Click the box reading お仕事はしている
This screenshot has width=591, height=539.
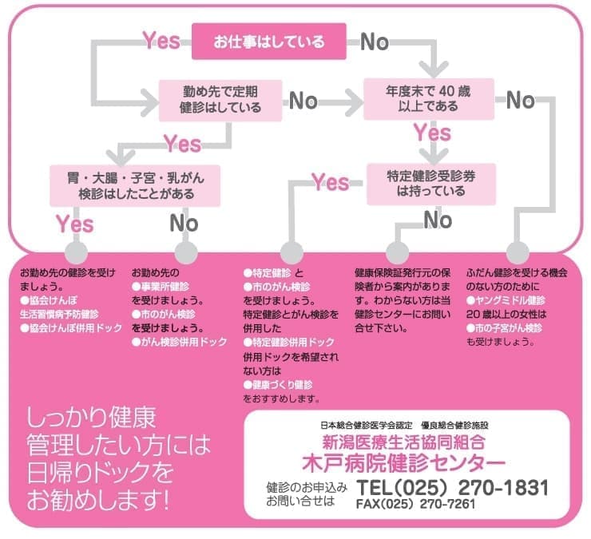point(269,41)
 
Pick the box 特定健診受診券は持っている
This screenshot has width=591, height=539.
point(431,184)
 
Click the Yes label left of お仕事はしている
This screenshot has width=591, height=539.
point(161,40)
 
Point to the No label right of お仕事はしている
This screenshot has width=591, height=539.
point(374,42)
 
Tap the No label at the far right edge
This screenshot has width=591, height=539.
point(520,100)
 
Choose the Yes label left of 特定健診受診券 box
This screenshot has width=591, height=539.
point(331,183)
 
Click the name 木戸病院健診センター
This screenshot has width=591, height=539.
point(403,462)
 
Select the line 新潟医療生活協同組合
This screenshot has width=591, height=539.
point(403,442)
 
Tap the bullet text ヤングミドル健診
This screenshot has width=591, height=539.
point(519,299)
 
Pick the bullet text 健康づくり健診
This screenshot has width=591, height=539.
point(280,384)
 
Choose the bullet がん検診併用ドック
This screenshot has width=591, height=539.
point(184,342)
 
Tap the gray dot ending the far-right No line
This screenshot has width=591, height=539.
point(518,248)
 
